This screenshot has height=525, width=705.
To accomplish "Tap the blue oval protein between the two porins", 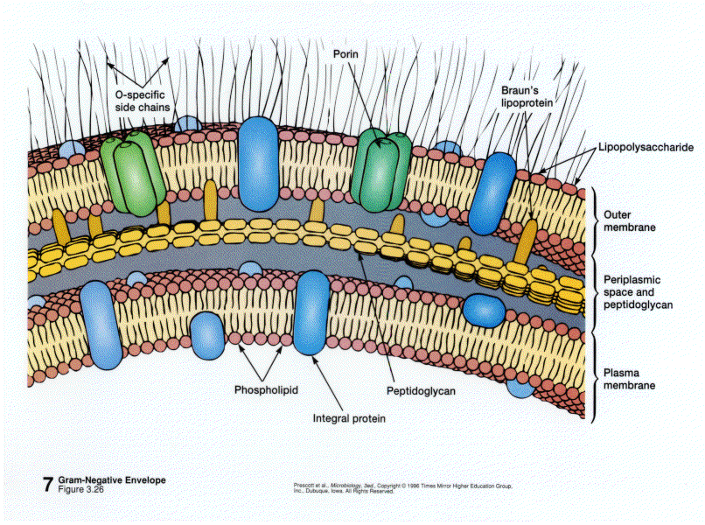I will click(x=258, y=164).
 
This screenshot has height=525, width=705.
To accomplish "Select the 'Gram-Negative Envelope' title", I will click(x=113, y=480).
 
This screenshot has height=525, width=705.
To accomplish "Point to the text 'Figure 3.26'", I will click(x=84, y=490).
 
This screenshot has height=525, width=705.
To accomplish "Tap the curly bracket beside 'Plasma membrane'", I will click(x=596, y=377).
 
